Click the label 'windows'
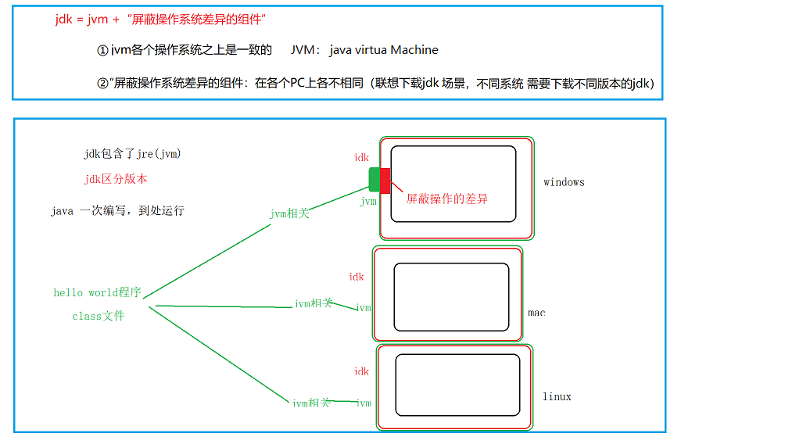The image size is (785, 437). tap(564, 182)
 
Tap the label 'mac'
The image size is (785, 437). tap(536, 313)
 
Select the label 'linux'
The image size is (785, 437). tap(557, 396)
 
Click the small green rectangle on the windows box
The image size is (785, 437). tap(375, 179)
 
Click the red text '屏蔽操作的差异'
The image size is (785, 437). tap(447, 199)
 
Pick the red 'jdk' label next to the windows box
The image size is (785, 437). tap(361, 158)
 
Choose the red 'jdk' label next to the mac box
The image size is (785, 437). tap(357, 277)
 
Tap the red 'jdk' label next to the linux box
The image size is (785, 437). tap(361, 371)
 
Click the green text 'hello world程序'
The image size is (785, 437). tap(97, 293)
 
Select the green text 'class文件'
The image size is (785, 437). tap(98, 316)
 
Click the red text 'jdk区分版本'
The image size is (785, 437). tap(116, 179)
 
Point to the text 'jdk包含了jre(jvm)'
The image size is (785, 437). tap(132, 154)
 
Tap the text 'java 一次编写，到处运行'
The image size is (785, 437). tap(117, 211)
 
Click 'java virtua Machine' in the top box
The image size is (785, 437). tap(384, 50)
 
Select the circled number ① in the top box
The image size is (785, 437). tap(102, 50)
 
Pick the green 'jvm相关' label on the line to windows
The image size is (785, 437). tap(289, 213)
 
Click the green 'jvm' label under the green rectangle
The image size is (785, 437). tap(368, 202)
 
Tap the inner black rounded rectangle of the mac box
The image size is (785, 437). tap(453, 297)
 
